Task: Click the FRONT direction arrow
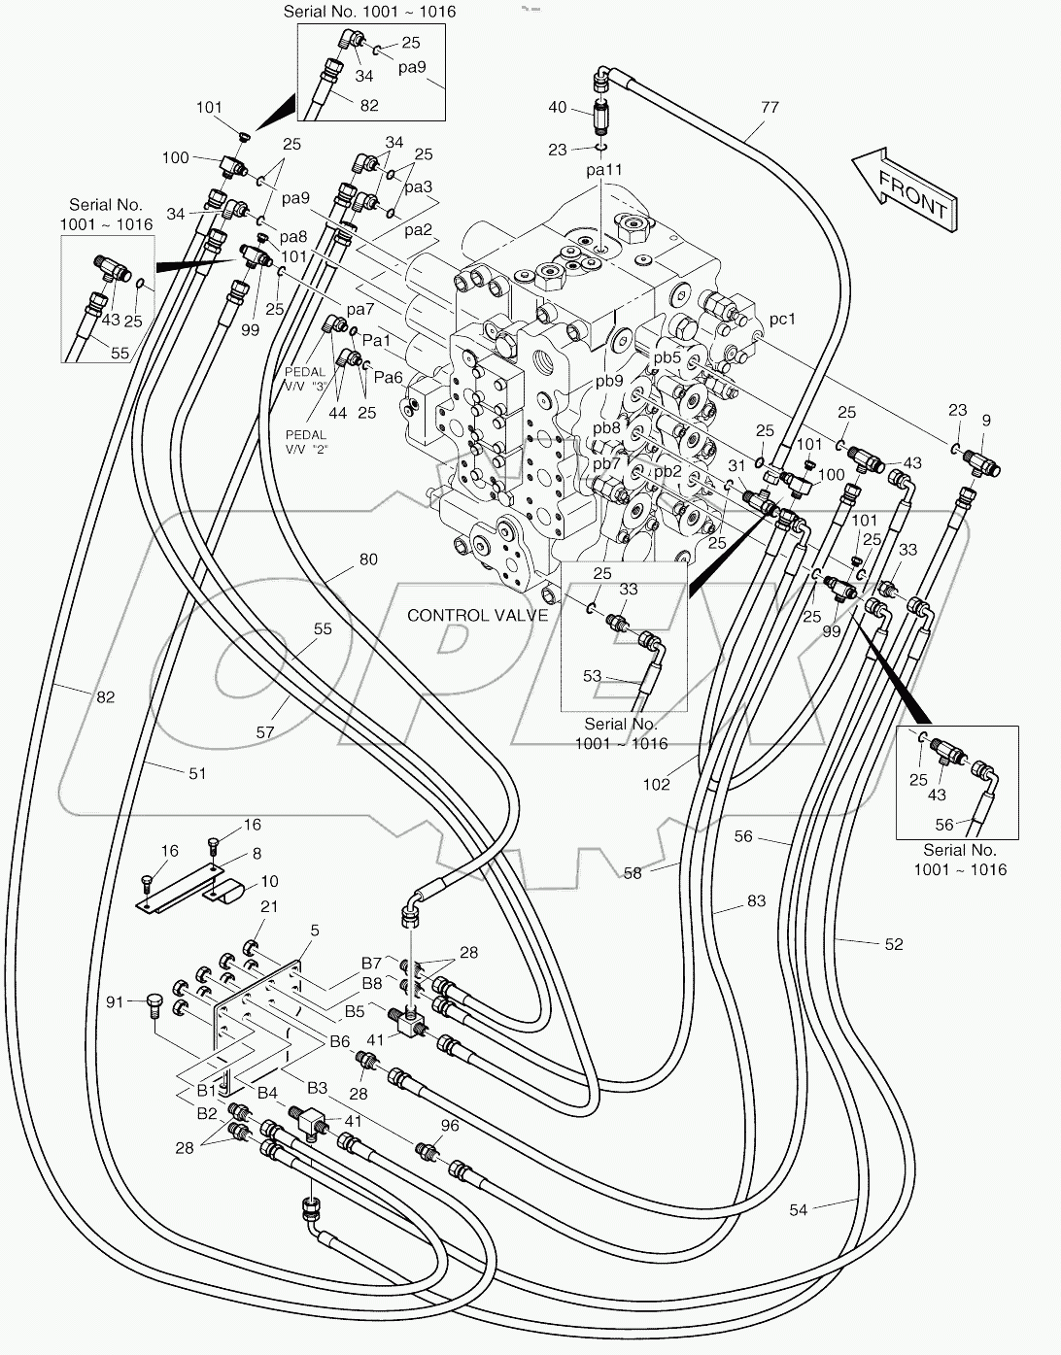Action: (903, 189)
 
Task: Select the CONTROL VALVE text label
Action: (477, 615)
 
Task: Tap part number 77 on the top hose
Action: (770, 108)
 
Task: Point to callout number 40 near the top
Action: (557, 107)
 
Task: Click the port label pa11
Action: (603, 170)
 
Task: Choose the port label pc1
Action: (782, 319)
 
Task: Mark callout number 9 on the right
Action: (986, 421)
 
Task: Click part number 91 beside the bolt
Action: (116, 1000)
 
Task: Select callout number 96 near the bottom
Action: (449, 1127)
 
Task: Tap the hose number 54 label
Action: (798, 1209)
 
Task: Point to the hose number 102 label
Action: (657, 784)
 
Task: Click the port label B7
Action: (371, 963)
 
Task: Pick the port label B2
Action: (207, 1113)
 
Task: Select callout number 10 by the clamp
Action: (269, 881)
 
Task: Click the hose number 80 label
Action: (368, 559)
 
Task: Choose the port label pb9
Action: (609, 381)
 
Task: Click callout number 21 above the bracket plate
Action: (269, 906)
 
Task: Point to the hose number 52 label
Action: (894, 943)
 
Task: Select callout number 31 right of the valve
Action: (736, 466)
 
